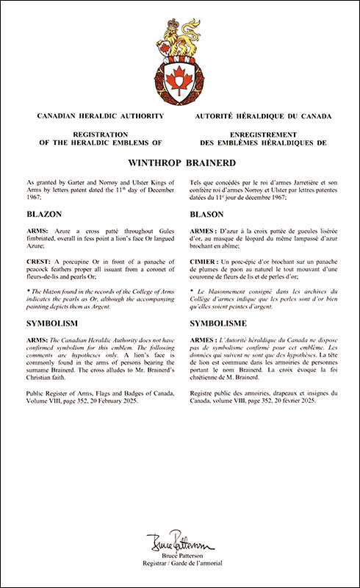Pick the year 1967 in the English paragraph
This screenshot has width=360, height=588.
point(34,197)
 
